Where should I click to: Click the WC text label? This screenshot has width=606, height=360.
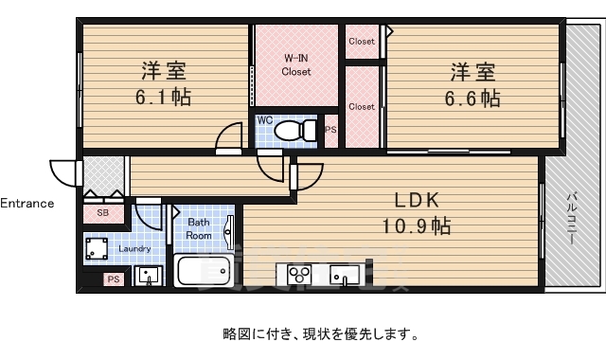pyautogui.click(x=266, y=121)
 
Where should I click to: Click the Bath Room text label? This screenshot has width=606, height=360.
pyautogui.click(x=198, y=228)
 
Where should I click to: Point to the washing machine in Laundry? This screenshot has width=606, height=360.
pyautogui.click(x=97, y=249)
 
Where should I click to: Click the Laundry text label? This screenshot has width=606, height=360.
pyautogui.click(x=136, y=249)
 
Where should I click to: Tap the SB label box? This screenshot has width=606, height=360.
pyautogui.click(x=102, y=213)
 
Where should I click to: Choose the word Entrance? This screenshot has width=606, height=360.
pyautogui.click(x=27, y=203)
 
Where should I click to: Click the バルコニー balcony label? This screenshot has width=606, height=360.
pyautogui.click(x=572, y=219)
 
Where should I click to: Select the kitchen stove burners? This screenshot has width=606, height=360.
pyautogui.click(x=301, y=275)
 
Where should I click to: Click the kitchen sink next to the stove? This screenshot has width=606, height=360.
pyautogui.click(x=344, y=275)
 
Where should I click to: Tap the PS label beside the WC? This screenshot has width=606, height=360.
pyautogui.click(x=330, y=130)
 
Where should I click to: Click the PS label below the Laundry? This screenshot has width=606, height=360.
pyautogui.click(x=113, y=279)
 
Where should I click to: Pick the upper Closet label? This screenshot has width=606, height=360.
pyautogui.click(x=362, y=41)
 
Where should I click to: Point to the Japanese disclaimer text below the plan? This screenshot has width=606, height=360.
pyautogui.click(x=319, y=333)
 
